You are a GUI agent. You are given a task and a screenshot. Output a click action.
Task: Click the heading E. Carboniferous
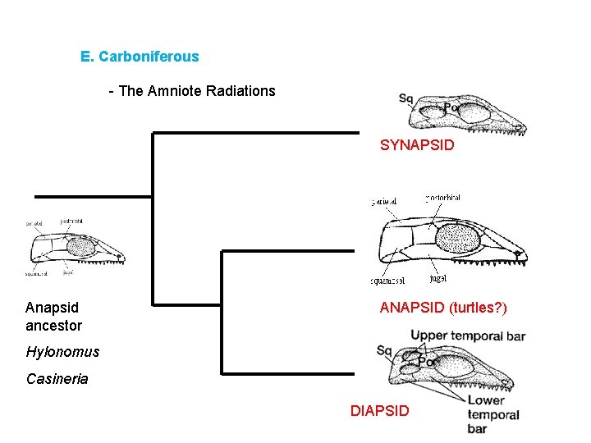[140, 57]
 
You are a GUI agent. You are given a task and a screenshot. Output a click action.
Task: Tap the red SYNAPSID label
[417, 146]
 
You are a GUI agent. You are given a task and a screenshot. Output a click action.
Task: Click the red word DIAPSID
[379, 410]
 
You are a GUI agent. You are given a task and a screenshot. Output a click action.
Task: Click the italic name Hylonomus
[62, 352]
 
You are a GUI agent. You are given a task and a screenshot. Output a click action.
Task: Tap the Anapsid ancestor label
[53, 317]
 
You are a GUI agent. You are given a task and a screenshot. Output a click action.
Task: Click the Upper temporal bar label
[468, 336]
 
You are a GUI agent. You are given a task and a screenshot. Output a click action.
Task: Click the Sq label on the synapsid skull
[405, 99]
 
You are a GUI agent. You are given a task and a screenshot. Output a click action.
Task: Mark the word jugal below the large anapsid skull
[438, 279]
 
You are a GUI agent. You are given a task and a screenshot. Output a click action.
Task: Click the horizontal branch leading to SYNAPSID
[255, 133]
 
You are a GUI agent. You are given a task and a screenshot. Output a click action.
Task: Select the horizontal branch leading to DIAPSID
[291, 374]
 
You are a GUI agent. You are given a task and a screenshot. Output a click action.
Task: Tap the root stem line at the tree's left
[93, 197]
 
